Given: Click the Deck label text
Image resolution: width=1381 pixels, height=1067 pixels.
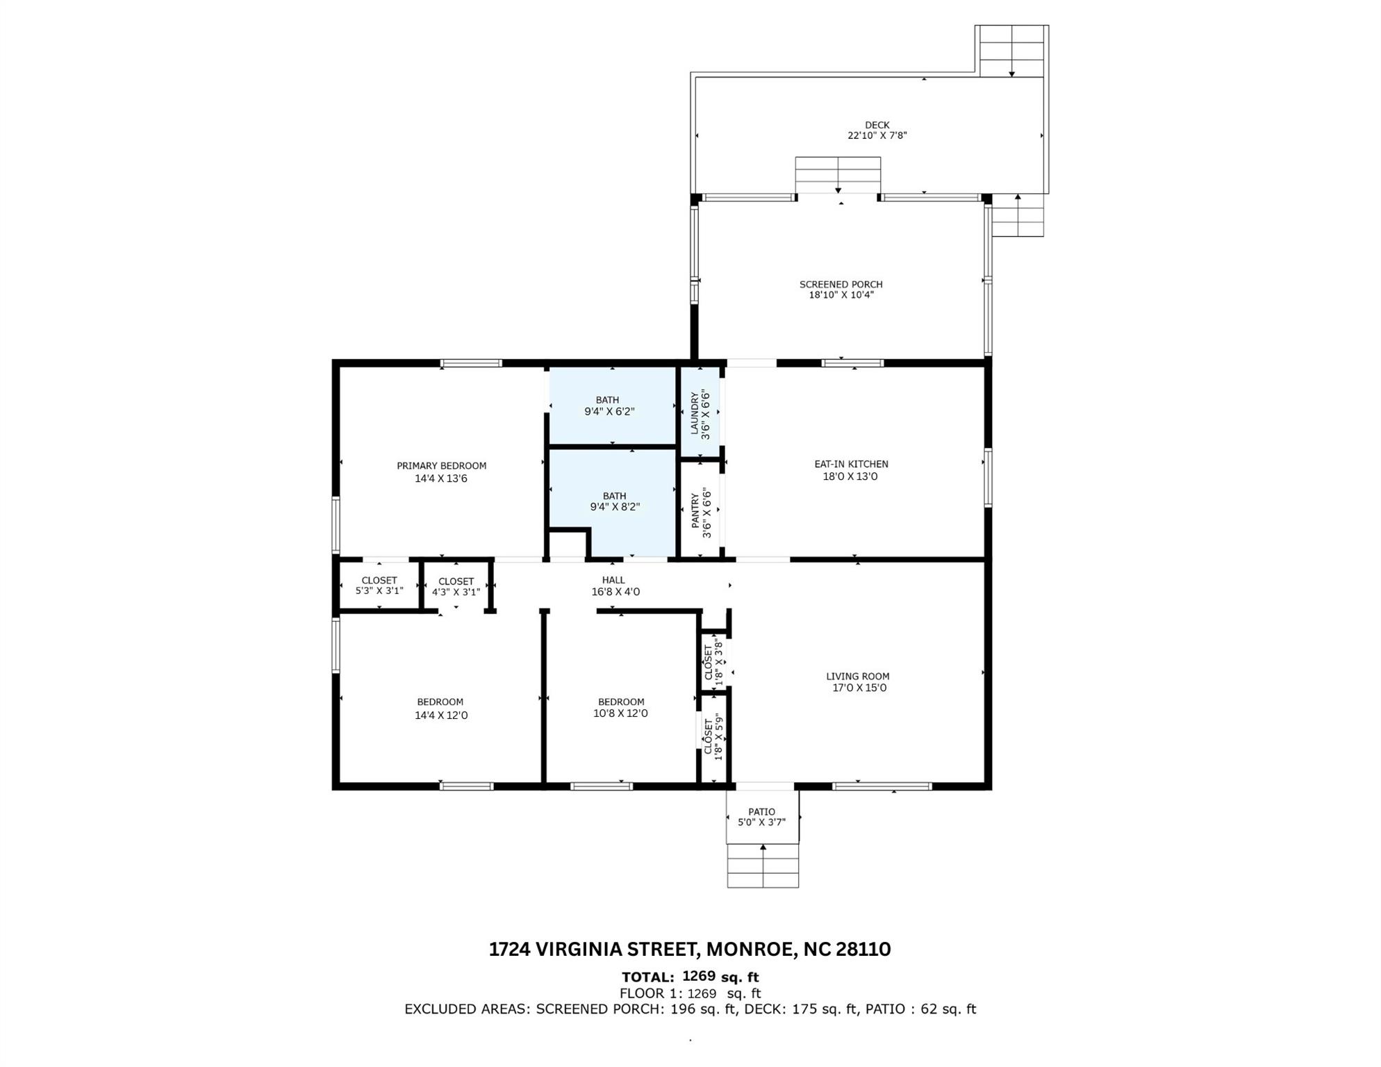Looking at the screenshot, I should (x=877, y=125).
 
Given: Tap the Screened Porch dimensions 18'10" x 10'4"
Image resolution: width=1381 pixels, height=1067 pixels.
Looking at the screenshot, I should (x=841, y=295).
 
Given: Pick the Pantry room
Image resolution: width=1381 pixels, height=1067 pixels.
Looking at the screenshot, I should (x=700, y=511).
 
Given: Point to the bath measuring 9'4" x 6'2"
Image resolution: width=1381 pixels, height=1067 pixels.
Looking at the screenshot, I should (x=609, y=406).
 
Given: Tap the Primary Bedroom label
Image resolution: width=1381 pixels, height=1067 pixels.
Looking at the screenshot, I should (x=441, y=466).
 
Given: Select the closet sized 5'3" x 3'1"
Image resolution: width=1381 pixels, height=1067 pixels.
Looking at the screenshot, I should (x=379, y=586).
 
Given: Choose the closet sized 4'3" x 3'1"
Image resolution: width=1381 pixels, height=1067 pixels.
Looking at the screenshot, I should (x=456, y=586).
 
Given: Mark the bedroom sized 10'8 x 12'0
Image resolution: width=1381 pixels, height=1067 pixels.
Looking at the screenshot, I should (x=621, y=707).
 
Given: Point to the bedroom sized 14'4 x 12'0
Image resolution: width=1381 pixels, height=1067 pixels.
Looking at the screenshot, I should (x=440, y=708).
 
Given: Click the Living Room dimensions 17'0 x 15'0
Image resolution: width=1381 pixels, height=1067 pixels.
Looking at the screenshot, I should (x=859, y=688).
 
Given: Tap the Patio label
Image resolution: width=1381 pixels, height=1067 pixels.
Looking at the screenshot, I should (x=761, y=811).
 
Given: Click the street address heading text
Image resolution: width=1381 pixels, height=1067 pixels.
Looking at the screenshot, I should (x=689, y=949).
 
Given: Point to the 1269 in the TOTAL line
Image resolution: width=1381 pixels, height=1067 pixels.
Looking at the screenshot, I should (x=699, y=976).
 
